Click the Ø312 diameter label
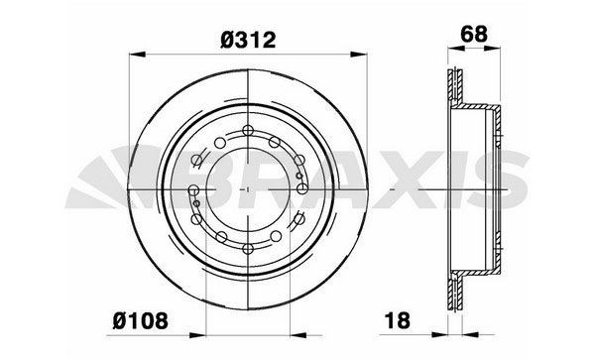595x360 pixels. (x=248, y=40)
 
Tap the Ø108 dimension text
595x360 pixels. (x=140, y=321)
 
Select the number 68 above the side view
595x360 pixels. (x=474, y=34)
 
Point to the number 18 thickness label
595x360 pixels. (x=398, y=320)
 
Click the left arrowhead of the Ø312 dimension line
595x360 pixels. (x=138, y=55)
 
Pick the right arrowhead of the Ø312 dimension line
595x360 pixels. (x=359, y=55)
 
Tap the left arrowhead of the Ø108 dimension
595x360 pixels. (x=197, y=335)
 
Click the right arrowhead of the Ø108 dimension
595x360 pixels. (x=297, y=335)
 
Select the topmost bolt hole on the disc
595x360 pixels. (x=248, y=130)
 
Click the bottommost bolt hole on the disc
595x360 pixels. (x=248, y=249)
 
